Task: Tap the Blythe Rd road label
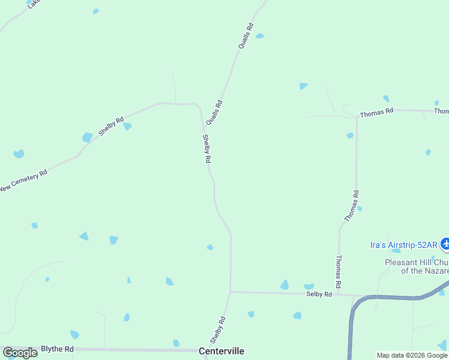tap(57, 349)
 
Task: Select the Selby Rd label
tap(319, 294)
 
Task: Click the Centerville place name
tap(221, 351)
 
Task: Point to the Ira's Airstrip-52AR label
tap(403, 244)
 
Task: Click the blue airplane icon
tap(445, 244)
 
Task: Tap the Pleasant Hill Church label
tap(417, 266)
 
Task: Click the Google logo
tap(20, 353)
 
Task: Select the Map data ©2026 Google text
tap(412, 355)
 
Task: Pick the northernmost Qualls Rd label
tap(246, 36)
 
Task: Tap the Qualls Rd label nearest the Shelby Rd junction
tap(214, 112)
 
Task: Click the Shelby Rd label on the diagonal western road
tap(111, 126)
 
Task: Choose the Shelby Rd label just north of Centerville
tap(218, 329)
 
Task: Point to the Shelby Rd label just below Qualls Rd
tap(206, 149)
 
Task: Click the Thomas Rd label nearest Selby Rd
tap(339, 270)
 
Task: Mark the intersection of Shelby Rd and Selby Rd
tap(231, 292)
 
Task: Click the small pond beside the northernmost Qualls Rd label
tap(259, 36)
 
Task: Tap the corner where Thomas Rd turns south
tap(357, 117)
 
